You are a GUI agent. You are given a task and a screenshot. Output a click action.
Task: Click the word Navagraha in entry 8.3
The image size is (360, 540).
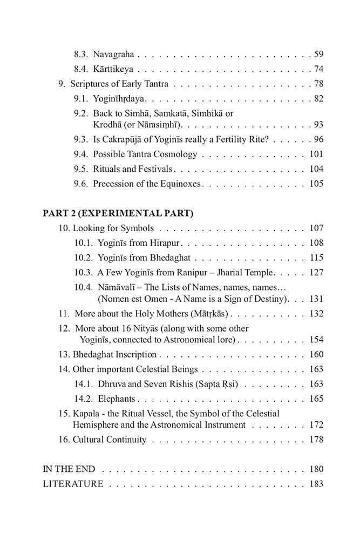tap(113, 55)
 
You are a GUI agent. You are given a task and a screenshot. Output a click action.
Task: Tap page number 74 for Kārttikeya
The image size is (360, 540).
tap(318, 69)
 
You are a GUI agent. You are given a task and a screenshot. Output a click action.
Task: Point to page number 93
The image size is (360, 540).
tap(318, 125)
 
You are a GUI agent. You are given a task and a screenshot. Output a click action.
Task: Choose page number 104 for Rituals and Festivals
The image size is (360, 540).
tap(316, 169)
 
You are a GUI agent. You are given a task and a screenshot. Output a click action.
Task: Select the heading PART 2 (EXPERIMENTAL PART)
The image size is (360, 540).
tap(118, 213)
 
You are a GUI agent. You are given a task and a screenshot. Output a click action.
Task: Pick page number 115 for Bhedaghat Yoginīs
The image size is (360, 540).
tap(316, 258)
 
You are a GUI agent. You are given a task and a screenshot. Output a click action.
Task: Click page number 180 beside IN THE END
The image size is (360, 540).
tap(316, 469)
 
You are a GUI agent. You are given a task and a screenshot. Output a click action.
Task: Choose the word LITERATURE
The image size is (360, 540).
tap(73, 484)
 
